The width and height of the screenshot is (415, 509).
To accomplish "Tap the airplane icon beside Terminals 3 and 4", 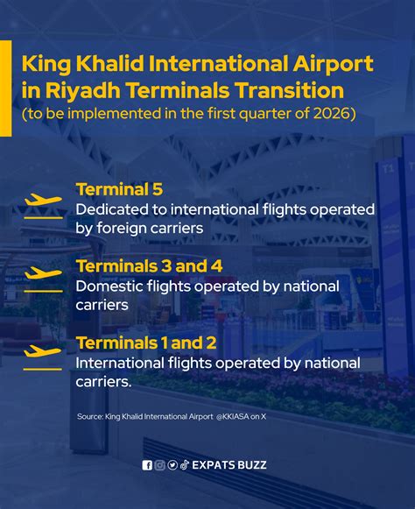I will [43, 274].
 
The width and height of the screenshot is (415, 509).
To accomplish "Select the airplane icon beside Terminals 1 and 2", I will [43, 351].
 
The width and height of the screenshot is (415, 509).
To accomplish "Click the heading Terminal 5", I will [119, 189].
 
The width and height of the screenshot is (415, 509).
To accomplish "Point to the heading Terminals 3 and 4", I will [149, 265].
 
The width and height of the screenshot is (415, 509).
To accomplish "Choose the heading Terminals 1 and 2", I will [146, 342].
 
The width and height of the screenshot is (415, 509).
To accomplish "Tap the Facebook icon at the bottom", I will [147, 465].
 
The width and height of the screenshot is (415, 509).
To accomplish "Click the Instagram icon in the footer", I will [159, 465].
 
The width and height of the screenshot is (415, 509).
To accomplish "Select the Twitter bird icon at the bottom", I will [172, 465].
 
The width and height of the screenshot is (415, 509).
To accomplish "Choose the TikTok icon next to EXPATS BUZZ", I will [185, 465].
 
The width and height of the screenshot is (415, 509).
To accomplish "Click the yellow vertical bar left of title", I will [5, 88].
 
